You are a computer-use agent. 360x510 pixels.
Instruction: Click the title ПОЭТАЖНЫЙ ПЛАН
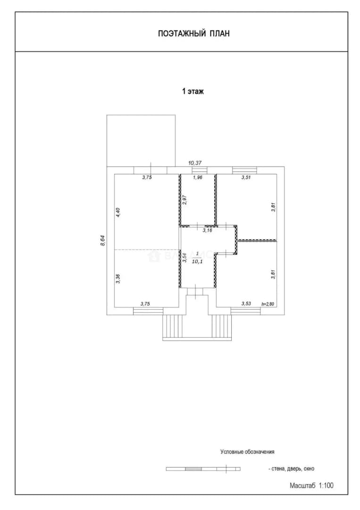click(193, 34)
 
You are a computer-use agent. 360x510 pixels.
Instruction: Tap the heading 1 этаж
click(193, 92)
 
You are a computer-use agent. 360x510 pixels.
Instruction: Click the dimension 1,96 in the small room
click(198, 178)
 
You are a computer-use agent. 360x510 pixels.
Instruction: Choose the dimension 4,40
click(118, 212)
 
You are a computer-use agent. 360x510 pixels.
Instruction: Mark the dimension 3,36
click(118, 279)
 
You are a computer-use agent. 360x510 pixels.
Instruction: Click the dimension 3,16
click(207, 230)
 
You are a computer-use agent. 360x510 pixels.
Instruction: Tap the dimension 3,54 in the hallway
click(184, 258)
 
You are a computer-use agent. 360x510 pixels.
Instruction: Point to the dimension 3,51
click(246, 178)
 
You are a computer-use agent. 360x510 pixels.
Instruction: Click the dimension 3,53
click(246, 304)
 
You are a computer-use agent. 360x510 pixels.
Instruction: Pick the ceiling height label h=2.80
click(268, 304)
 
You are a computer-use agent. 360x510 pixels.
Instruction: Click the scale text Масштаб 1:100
click(311, 485)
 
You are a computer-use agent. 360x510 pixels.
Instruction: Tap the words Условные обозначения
click(247, 452)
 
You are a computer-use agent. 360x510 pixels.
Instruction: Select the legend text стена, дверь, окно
click(292, 469)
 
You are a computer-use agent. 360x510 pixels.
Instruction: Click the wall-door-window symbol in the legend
click(203, 469)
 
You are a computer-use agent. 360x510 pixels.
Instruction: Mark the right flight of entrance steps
click(222, 326)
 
